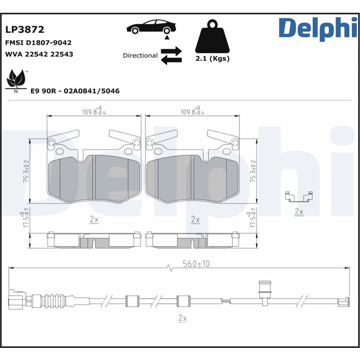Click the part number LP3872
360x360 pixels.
click(x=25, y=30)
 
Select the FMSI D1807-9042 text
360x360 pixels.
click(x=38, y=43)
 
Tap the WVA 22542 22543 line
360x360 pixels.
click(x=39, y=54)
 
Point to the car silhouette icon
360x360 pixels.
click(x=151, y=27)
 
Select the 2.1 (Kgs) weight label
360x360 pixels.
click(x=212, y=58)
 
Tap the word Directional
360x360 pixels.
click(x=140, y=55)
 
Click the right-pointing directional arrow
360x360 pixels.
click(x=171, y=51)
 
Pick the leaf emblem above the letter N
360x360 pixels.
click(x=16, y=79)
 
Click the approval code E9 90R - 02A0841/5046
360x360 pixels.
click(x=75, y=91)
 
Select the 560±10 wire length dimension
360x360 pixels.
click(x=196, y=264)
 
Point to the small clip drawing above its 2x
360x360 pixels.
click(x=299, y=197)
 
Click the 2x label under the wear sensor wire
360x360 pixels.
click(x=183, y=318)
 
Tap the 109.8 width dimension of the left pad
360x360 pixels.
click(x=94, y=111)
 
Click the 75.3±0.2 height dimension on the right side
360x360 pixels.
click(x=253, y=171)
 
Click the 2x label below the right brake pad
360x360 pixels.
click(x=195, y=220)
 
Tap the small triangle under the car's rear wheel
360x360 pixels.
click(x=167, y=37)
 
